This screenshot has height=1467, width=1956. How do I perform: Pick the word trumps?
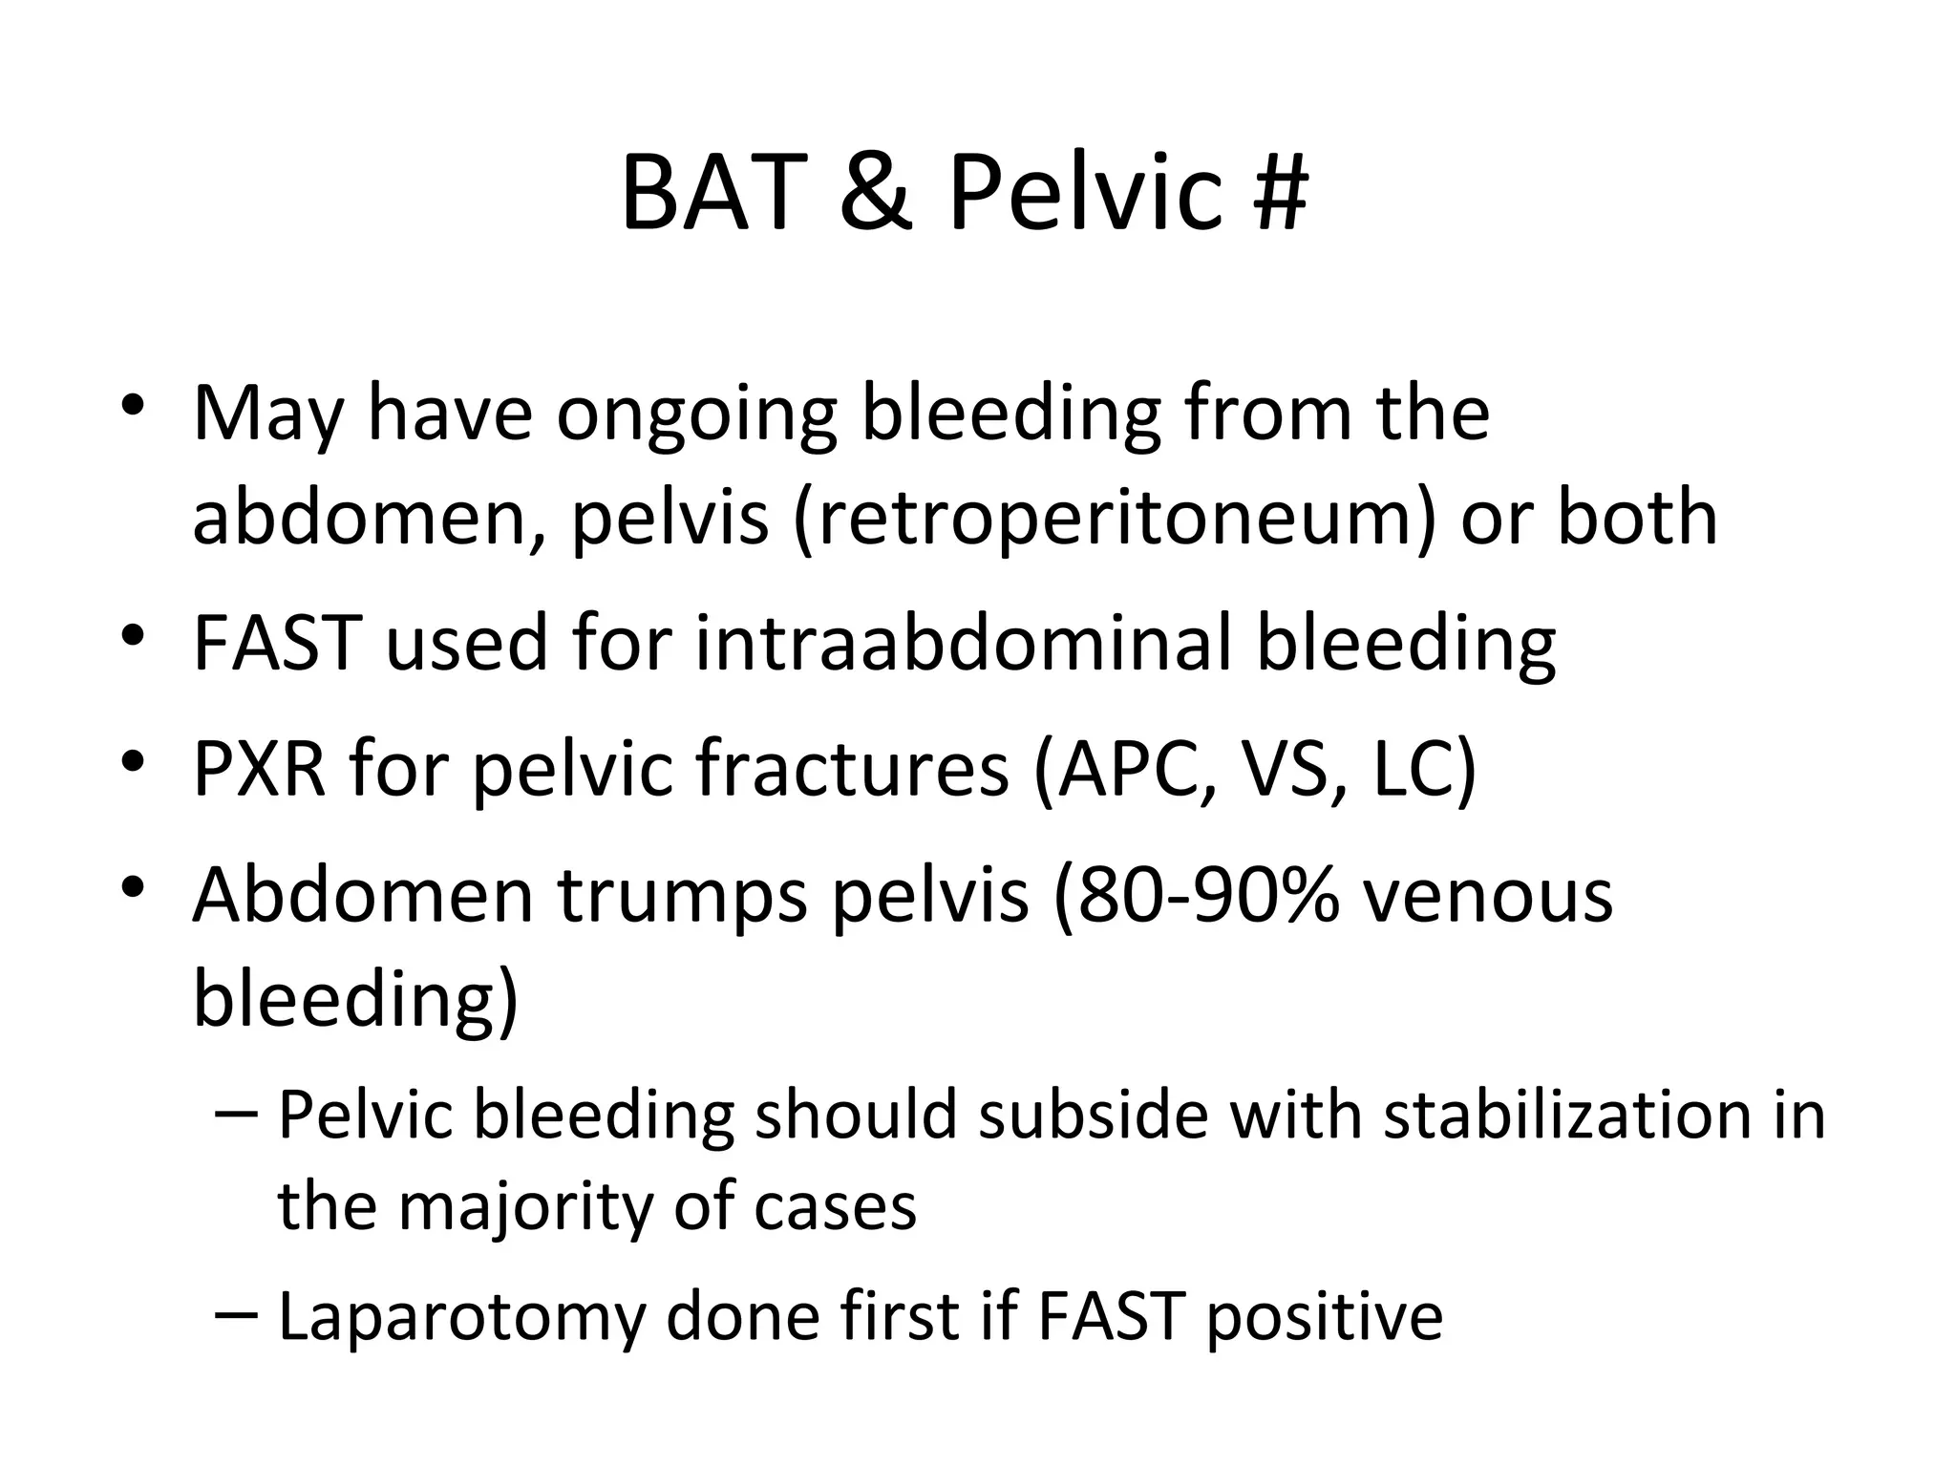point(682,898)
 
